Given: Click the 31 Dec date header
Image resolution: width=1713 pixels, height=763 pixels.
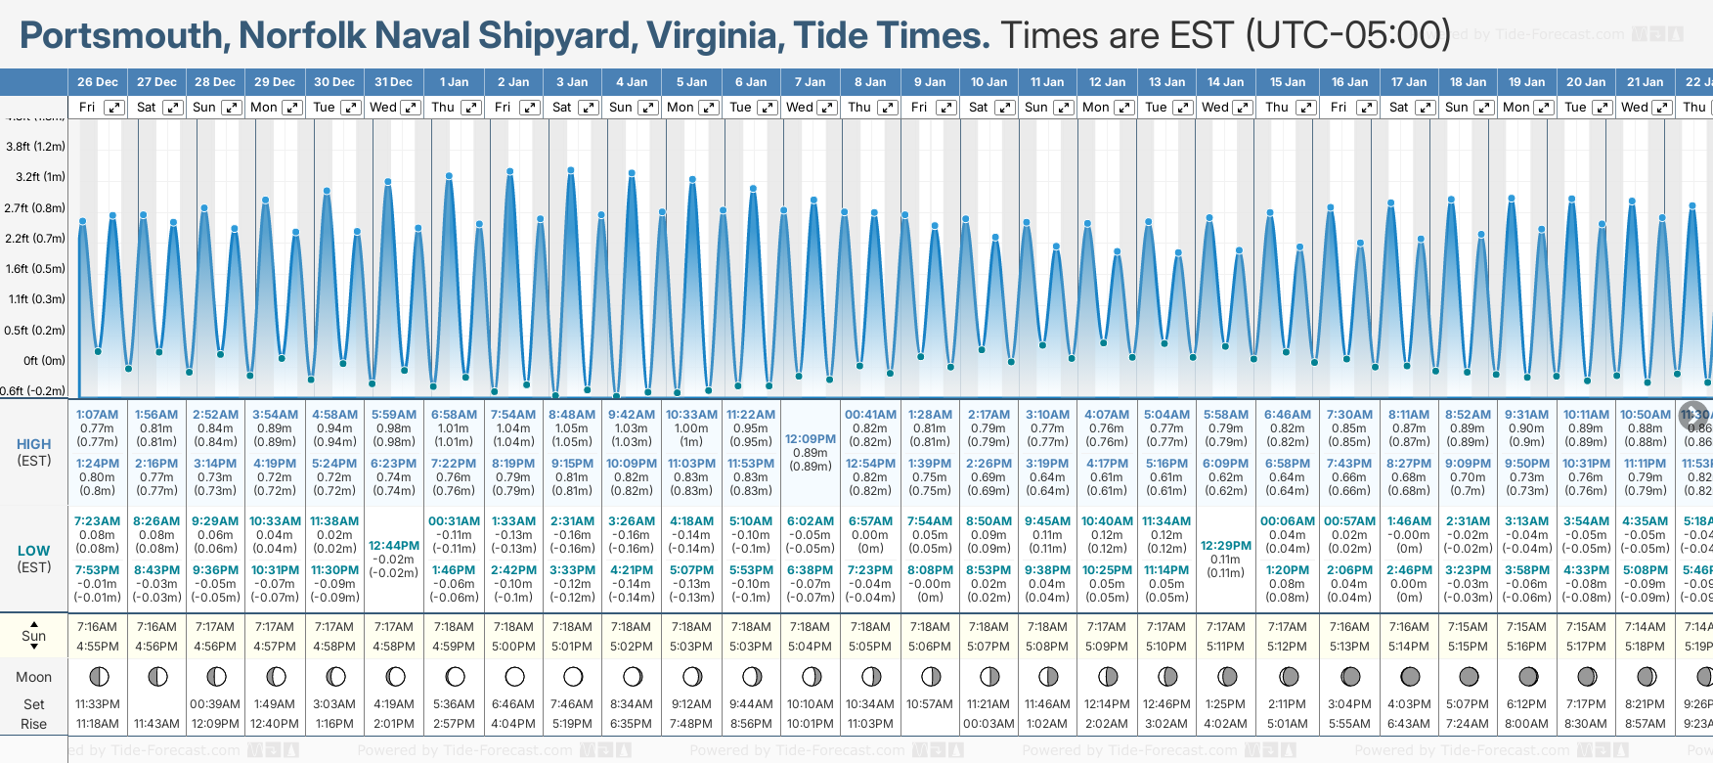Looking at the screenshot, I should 393,82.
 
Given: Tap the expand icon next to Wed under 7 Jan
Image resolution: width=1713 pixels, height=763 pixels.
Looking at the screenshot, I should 827,108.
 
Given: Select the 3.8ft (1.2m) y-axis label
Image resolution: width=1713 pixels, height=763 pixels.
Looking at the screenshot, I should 36,147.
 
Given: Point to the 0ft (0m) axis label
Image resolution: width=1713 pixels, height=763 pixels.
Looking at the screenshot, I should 44,361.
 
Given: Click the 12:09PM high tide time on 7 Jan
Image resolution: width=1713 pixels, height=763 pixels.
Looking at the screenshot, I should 811,439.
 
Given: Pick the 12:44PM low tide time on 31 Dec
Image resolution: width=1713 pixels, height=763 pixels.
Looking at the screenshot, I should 394,546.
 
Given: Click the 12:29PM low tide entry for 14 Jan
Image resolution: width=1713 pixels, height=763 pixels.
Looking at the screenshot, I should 1226,546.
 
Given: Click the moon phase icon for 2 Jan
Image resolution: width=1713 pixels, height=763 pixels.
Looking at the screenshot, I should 514,677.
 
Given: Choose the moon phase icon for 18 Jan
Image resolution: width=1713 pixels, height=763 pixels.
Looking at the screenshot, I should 1469,677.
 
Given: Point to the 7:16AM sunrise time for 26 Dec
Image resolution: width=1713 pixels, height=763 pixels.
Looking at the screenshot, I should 97,627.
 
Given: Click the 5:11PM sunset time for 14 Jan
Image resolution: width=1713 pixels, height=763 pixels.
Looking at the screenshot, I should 1225,647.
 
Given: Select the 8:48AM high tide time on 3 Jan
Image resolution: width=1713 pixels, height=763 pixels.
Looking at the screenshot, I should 572,415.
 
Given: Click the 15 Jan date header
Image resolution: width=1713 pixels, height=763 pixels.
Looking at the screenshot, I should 1287,82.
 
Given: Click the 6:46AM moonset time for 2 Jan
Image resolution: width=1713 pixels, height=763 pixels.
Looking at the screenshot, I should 513,704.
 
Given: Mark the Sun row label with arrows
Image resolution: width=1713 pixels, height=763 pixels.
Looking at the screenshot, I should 34,636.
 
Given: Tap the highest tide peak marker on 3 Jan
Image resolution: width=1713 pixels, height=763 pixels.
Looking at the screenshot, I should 571,170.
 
